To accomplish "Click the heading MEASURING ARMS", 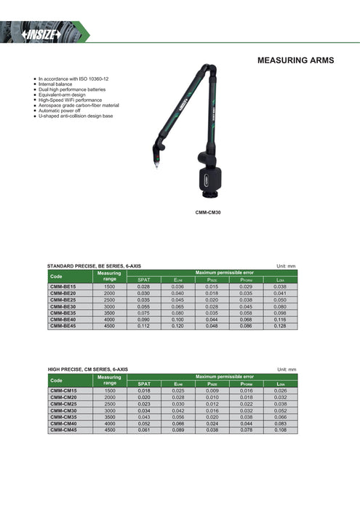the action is tap(296, 60).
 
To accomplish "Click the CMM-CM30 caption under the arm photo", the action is tap(208, 212).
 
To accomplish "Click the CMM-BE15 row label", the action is tap(63, 287).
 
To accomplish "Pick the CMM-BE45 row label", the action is tap(63, 326).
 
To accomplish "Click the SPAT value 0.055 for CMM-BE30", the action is tap(143, 307).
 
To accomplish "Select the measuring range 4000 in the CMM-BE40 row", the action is tap(110, 320).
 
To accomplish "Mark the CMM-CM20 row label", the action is tap(63, 397).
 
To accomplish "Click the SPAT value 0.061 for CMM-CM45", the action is tap(143, 430).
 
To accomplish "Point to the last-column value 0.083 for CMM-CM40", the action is tap(281, 423).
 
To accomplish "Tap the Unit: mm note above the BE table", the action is tap(287, 267).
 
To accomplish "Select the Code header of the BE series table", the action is tap(56, 276).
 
